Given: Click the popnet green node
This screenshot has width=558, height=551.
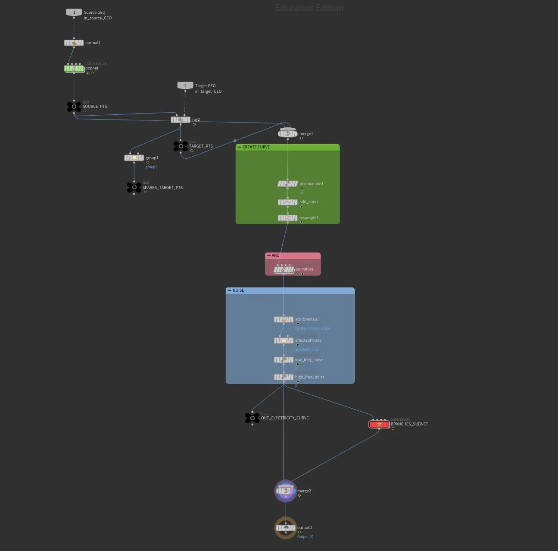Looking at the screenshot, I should (x=74, y=69).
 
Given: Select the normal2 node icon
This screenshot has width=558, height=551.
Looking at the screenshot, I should (x=74, y=43).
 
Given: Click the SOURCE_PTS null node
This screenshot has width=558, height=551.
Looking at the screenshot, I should (x=74, y=107).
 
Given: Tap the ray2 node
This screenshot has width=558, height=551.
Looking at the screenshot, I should (x=181, y=120).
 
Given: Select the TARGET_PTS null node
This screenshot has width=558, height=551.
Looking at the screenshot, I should (x=181, y=146).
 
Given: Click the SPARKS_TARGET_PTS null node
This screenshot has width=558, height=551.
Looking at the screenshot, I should (x=134, y=187).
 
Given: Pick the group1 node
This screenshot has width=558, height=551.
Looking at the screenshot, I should (x=134, y=158).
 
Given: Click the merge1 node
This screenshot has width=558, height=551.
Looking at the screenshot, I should (x=287, y=134).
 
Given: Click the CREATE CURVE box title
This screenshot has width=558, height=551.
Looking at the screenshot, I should (x=256, y=147).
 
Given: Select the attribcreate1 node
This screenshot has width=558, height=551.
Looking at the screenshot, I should (x=287, y=184).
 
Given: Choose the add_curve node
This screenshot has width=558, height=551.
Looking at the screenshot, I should (x=287, y=202).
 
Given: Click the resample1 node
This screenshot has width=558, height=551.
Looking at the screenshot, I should (x=287, y=218).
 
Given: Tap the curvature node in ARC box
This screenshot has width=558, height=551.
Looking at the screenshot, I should (x=284, y=270).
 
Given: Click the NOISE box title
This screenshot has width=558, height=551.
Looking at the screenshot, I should (x=238, y=290).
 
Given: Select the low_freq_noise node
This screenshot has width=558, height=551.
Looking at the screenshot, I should (x=284, y=360).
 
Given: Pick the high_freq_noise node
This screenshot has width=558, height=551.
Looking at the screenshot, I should (x=284, y=377).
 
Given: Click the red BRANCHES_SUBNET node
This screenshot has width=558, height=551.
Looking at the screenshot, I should (x=379, y=424).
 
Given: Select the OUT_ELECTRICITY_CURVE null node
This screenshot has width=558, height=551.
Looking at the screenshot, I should (x=252, y=418).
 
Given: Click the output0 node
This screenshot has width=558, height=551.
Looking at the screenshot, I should (x=285, y=528).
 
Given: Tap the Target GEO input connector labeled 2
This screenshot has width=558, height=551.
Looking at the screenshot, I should (x=185, y=85).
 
